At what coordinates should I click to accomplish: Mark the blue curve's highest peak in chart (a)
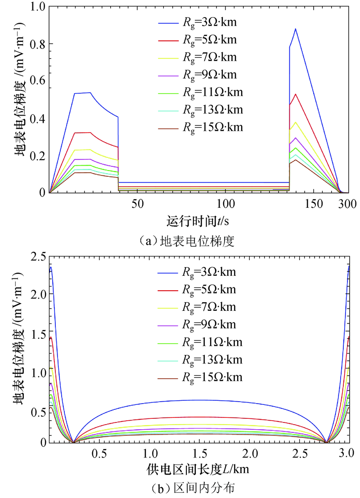(295, 29)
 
